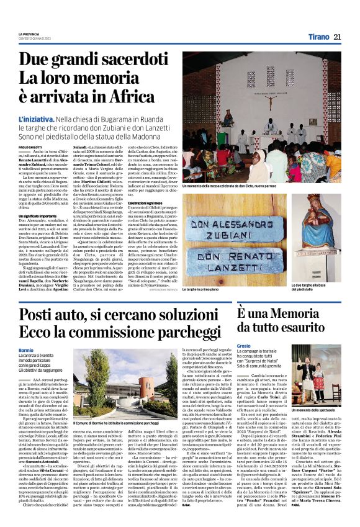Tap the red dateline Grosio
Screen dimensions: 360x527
click(243, 345)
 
